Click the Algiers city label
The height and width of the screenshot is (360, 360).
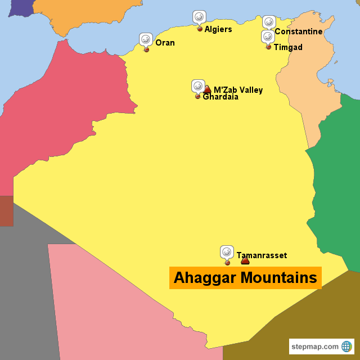218,29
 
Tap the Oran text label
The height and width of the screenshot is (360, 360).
165,43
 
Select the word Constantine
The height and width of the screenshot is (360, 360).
298,31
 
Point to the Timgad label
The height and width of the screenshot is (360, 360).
287,47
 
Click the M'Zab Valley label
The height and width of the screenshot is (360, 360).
238,90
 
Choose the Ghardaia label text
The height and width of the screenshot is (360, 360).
220,97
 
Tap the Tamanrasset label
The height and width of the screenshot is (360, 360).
262,255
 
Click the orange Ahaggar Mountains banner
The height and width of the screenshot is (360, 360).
245,278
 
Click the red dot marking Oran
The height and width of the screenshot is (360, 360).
147,49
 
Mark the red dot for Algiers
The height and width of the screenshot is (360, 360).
200,29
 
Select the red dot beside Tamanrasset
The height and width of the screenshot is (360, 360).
227,263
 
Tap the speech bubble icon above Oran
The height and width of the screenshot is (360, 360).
146,39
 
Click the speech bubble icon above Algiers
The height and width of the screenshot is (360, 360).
199,17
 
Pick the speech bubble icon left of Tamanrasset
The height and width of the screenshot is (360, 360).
227,252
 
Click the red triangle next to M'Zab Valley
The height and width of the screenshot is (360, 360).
207,89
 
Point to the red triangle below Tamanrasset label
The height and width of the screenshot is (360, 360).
245,260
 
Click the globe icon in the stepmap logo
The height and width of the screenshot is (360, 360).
346,346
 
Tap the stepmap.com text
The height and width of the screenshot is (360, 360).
315,346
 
